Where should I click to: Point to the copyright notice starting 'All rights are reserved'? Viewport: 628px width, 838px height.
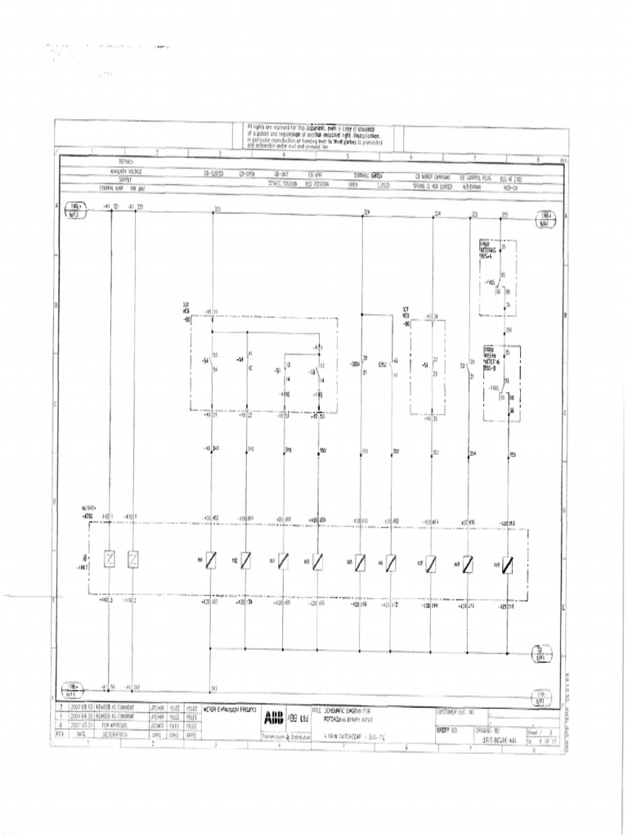(318, 135)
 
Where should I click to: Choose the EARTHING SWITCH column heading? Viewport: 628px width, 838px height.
(369, 175)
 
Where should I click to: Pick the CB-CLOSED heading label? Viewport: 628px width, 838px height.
(213, 175)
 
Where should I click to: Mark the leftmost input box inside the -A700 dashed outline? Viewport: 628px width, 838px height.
(108, 561)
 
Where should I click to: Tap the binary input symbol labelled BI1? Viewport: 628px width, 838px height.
(211, 561)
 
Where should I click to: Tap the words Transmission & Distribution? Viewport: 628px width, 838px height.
(285, 735)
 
